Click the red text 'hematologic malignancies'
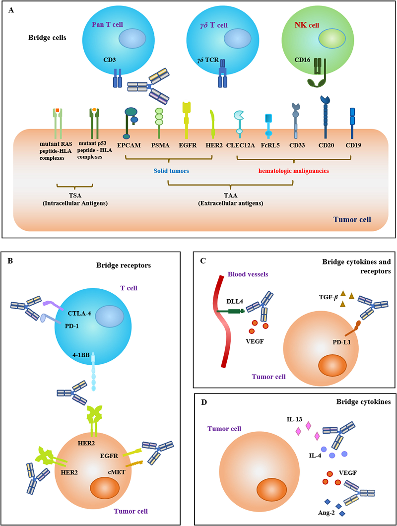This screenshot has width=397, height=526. [293, 170]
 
